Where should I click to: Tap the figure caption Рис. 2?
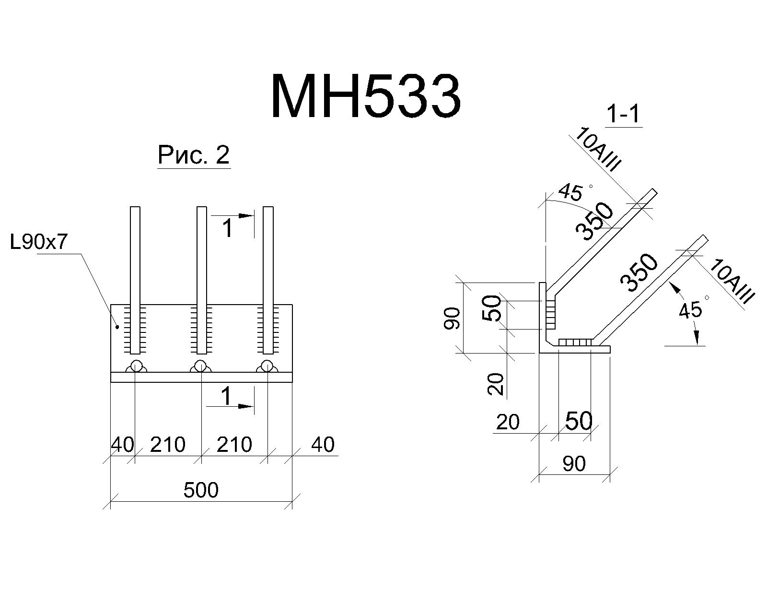tap(194, 155)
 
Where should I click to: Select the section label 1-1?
tap(624, 114)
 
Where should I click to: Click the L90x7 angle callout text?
tap(39, 242)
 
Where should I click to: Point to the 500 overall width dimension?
tap(201, 490)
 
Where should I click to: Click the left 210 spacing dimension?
tap(167, 445)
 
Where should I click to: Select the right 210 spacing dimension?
tap(234, 445)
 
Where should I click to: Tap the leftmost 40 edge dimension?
tap(122, 445)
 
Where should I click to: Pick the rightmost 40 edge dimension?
tap(323, 445)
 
